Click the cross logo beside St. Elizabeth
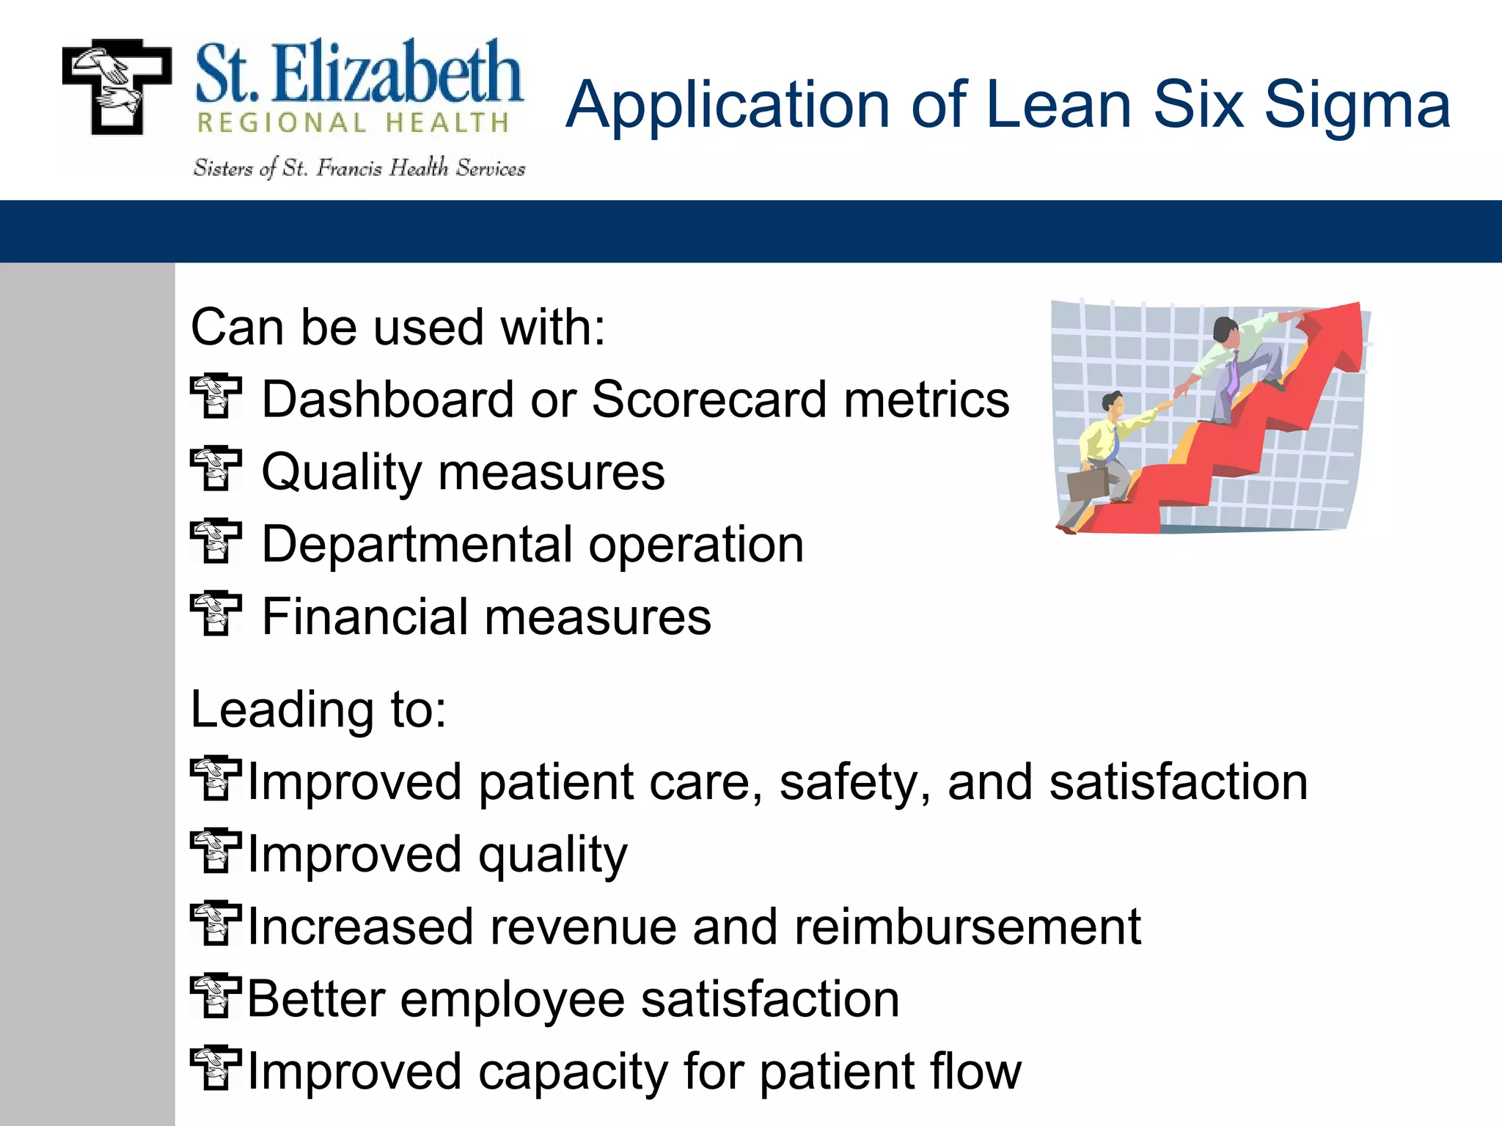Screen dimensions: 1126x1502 (x=116, y=87)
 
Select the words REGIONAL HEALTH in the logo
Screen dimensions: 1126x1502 (x=353, y=123)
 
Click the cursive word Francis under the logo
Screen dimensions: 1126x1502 (x=349, y=169)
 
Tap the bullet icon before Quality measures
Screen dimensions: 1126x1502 (x=216, y=468)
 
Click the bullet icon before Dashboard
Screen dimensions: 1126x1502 (x=216, y=397)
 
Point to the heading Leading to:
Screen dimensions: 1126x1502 (x=318, y=710)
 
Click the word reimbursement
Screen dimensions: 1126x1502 (x=967, y=927)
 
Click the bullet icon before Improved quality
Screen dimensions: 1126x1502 (x=215, y=851)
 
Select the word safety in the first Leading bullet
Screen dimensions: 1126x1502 (x=854, y=783)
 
